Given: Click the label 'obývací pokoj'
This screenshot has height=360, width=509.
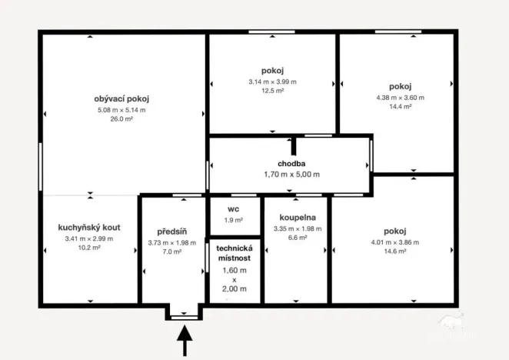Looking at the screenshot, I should [121, 98].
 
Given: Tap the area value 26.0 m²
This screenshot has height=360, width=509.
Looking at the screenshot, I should [121, 119].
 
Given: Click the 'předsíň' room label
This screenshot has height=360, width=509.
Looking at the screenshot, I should [172, 232].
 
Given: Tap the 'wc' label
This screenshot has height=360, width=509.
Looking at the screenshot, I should [235, 208].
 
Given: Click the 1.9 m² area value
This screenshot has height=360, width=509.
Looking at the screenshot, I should [235, 220].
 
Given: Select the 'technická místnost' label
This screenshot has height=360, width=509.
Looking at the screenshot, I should [235, 253].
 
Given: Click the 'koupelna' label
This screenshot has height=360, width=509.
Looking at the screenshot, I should [296, 217].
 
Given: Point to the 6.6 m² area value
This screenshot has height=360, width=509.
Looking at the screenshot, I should [296, 238].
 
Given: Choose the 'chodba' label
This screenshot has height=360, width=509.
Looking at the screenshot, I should [292, 164].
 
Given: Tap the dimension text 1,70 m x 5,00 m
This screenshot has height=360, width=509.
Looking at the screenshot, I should [292, 175].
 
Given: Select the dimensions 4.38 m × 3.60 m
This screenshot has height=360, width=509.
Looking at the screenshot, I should [401, 98].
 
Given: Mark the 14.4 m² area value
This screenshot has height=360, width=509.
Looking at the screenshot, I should [401, 107].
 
